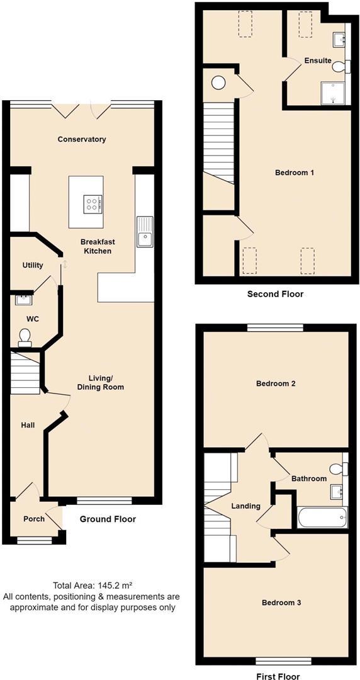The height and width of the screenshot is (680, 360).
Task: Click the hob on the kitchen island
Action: pyautogui.click(x=93, y=203)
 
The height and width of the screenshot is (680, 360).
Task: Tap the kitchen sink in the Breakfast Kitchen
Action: pyautogui.click(x=144, y=232)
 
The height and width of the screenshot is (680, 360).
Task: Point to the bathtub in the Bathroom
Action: pyautogui.click(x=322, y=517)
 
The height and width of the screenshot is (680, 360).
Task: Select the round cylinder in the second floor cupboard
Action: pyautogui.click(x=219, y=82)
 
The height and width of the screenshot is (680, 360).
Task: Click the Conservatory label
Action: pyautogui.click(x=82, y=139)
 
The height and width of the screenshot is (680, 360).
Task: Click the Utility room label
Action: pyautogui.click(x=33, y=265)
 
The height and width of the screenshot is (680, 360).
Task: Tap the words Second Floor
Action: pyautogui.click(x=275, y=294)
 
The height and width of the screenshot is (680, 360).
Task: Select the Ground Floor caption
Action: pyautogui.click(x=108, y=519)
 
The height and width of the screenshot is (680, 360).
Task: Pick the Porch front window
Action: pyautogui.click(x=34, y=540)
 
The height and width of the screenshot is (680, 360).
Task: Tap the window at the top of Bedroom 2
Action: pyautogui.click(x=276, y=328)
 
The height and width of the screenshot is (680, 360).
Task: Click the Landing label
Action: pyautogui.click(x=245, y=506)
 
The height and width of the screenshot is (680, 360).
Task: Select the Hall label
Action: pyautogui.click(x=28, y=426)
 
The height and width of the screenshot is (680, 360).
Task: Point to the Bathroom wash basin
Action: pyautogui.click(x=337, y=492)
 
